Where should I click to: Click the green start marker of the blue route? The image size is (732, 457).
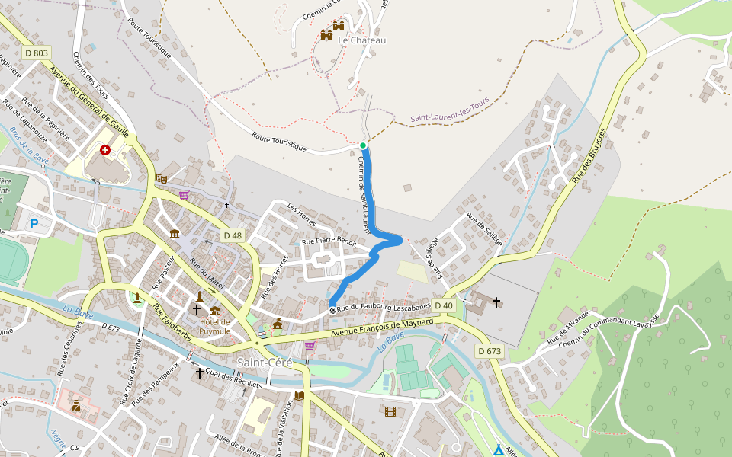(x=363, y=145)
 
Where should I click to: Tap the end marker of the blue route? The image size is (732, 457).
(x=332, y=310)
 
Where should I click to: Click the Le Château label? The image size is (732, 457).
(x=362, y=40)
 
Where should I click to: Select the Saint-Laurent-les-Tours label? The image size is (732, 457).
(x=450, y=114)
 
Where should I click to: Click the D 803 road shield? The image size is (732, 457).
(x=36, y=53)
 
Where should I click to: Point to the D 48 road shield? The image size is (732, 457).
(x=233, y=235)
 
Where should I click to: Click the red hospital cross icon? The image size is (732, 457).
(x=104, y=150)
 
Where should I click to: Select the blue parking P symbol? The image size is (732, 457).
(x=34, y=223)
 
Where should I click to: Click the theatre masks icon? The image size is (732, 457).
(x=161, y=178)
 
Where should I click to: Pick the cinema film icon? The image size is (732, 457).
(x=390, y=412)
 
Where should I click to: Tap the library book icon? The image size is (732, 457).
(x=299, y=396)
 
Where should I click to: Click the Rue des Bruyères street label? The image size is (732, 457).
(x=589, y=155)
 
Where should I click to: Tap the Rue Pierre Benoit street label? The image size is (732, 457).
(x=329, y=240)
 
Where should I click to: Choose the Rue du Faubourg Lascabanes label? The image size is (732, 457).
(x=384, y=306)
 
